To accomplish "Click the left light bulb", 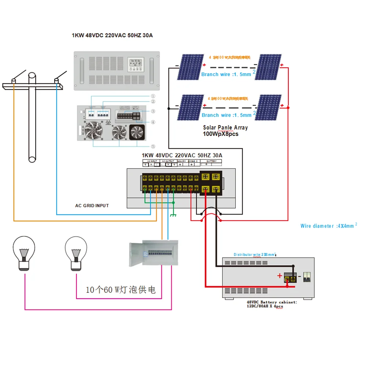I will tap(24, 253).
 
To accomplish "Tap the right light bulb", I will tap(76, 253).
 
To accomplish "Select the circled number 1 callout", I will tap(153, 97).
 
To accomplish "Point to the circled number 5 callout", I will tap(153, 146).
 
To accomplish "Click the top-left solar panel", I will tap(191, 67).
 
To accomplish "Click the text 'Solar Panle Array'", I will tap(225, 128).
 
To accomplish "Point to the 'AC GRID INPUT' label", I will tap(92, 206).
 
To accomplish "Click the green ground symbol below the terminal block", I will tap(173, 215).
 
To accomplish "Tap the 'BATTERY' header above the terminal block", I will tap(211, 161).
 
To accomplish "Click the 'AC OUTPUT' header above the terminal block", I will tap(168, 161).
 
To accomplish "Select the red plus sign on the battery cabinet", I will tap(280, 275).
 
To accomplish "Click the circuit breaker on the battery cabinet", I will tap(306, 277).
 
